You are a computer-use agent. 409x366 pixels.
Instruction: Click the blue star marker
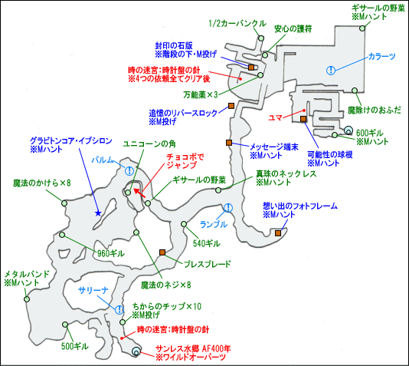[x=98, y=213]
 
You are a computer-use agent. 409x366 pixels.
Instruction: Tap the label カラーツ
[x=381, y=56]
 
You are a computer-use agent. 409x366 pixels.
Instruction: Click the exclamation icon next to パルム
[x=129, y=171]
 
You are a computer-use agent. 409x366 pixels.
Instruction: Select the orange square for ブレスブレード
[x=162, y=252]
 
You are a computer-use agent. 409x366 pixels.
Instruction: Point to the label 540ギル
[x=206, y=243]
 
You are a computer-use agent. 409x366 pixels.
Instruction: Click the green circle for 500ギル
[x=65, y=325]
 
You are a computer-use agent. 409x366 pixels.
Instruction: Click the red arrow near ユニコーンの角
[x=139, y=193]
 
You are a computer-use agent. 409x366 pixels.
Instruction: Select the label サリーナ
[x=93, y=290]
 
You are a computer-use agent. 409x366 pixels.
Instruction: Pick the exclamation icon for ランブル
[x=228, y=208]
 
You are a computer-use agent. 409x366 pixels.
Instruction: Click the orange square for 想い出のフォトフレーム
[x=278, y=232]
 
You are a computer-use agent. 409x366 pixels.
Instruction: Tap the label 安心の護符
[x=293, y=28]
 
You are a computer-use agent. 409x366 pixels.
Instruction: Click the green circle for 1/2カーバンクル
[x=261, y=38]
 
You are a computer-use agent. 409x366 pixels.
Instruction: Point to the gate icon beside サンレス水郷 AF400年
[x=136, y=351]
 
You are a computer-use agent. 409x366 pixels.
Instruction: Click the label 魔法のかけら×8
[x=42, y=183]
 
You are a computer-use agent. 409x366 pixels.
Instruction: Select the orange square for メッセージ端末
[x=229, y=143]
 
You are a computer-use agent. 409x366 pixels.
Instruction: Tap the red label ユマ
[x=275, y=118]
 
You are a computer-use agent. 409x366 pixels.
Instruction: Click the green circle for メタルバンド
[x=27, y=299]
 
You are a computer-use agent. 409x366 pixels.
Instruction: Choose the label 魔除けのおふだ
[x=375, y=110]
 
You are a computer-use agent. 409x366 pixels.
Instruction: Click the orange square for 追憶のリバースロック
[x=231, y=106]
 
